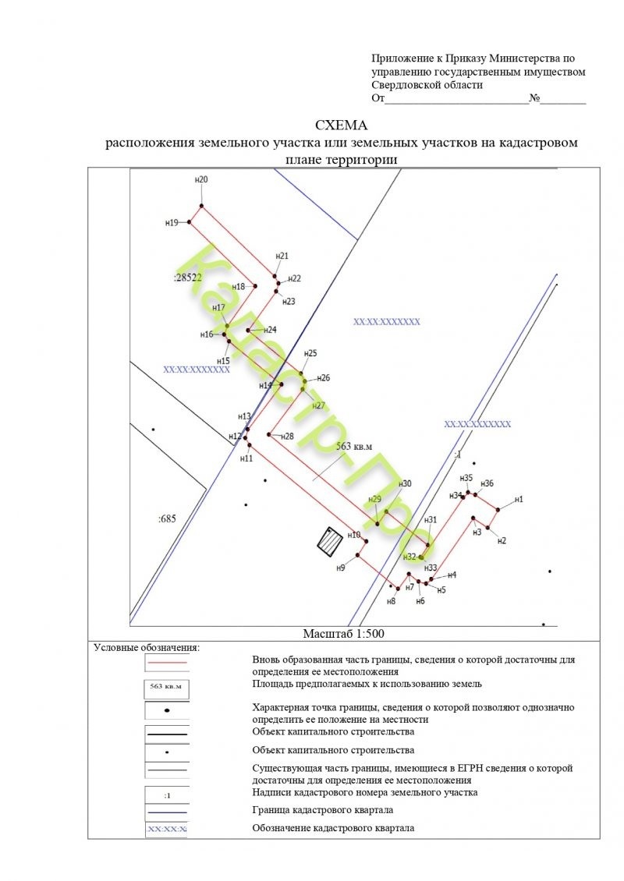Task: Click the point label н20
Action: (201, 180)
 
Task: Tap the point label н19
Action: (172, 222)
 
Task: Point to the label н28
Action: (285, 436)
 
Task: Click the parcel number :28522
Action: (187, 278)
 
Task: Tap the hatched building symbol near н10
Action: (329, 540)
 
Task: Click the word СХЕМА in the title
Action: (341, 125)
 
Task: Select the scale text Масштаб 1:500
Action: (344, 633)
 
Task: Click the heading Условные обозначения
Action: (147, 647)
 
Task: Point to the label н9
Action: (341, 568)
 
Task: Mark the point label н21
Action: (282, 256)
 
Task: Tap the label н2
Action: (502, 540)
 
